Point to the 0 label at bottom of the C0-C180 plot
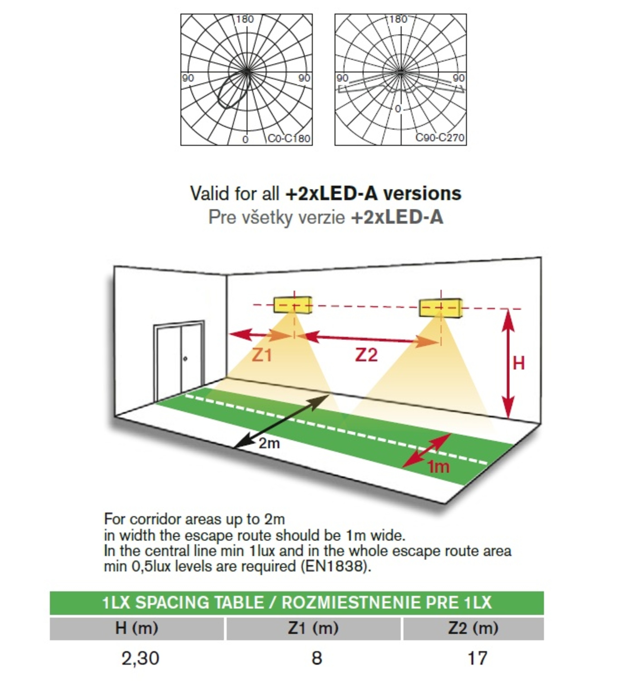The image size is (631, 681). (x=245, y=139)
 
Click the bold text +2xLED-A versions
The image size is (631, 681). (x=374, y=193)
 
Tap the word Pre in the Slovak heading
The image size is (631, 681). (x=222, y=217)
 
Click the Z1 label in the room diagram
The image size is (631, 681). (x=262, y=356)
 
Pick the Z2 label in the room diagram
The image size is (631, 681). (x=366, y=355)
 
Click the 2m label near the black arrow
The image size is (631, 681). (x=269, y=443)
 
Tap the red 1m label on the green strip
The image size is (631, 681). (x=439, y=466)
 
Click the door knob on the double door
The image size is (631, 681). (x=185, y=359)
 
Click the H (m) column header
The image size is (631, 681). (x=137, y=628)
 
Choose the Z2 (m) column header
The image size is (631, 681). (x=473, y=628)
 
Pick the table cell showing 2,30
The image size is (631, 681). (x=140, y=658)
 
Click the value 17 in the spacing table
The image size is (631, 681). (x=477, y=658)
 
